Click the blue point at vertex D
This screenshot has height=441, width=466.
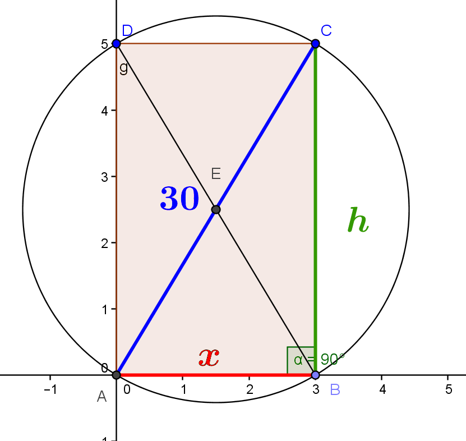click(x=116, y=44)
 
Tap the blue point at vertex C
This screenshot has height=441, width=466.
click(x=315, y=44)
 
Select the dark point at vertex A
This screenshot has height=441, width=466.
click(x=116, y=375)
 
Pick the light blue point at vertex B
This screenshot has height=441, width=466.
click(x=315, y=375)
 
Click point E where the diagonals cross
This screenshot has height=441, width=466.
click(x=216, y=209)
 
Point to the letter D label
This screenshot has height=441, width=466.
click(x=127, y=30)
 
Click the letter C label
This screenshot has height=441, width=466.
click(x=326, y=30)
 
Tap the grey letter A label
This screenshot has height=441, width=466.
click(x=101, y=397)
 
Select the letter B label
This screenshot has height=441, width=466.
click(x=335, y=389)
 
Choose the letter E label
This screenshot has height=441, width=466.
click(x=215, y=174)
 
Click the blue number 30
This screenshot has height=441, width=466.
click(x=179, y=199)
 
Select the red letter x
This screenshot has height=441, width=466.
click(x=209, y=357)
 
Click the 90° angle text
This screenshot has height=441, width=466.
click(x=333, y=360)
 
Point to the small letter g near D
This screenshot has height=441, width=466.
click(x=123, y=68)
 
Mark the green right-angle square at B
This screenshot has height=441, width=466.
click(x=300, y=360)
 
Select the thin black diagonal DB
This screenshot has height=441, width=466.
click(x=168, y=130)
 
